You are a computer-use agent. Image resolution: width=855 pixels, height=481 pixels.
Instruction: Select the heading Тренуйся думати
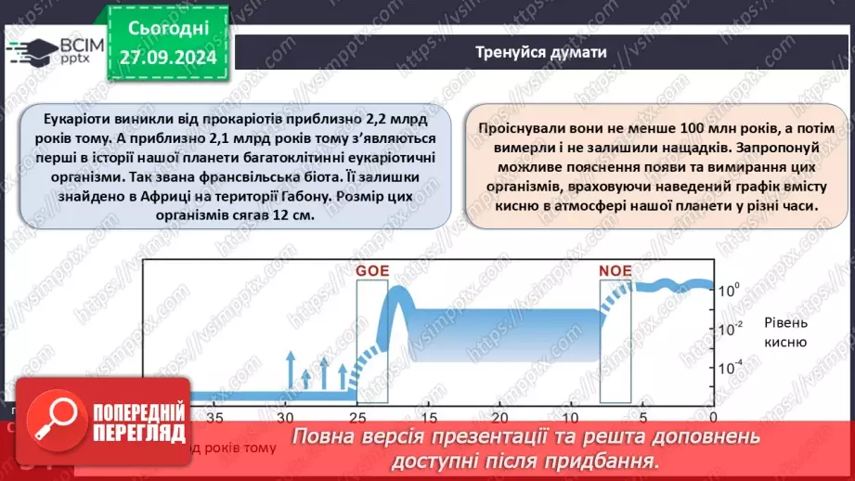click(x=541, y=52)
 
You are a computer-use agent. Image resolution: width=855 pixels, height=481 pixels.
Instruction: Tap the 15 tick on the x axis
click(x=430, y=418)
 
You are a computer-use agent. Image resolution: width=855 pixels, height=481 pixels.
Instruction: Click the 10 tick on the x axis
click(x=572, y=418)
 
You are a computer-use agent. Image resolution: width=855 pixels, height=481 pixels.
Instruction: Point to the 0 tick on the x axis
click(x=713, y=418)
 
